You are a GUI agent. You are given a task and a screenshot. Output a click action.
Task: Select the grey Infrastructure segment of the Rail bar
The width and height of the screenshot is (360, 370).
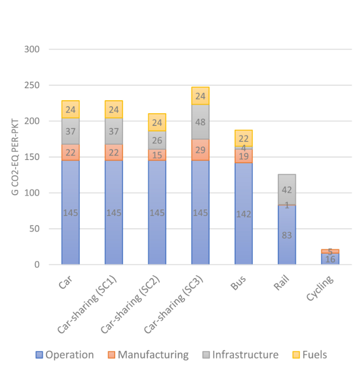coord(287,189)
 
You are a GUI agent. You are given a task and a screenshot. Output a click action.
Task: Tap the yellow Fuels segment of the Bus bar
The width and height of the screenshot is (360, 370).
coord(243,138)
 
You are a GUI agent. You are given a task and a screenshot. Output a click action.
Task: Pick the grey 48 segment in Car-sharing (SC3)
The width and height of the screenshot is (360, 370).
coord(200,121)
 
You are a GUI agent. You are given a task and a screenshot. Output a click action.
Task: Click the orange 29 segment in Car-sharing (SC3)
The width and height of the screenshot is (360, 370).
coord(200,150)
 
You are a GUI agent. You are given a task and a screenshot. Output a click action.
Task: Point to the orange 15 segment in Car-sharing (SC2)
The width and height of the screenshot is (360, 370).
coord(157,155)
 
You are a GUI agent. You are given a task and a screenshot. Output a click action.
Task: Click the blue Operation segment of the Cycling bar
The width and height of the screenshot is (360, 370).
coord(330,259)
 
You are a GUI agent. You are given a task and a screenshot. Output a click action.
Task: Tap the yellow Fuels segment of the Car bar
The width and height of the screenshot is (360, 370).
coord(70,109)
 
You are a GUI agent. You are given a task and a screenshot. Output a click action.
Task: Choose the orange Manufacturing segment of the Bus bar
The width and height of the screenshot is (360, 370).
coord(243,156)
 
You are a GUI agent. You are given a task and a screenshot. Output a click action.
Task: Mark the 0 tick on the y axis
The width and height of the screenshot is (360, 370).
coord(38,264)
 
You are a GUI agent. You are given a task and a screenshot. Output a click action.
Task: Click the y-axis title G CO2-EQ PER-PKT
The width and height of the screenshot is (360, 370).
coord(16,157)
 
